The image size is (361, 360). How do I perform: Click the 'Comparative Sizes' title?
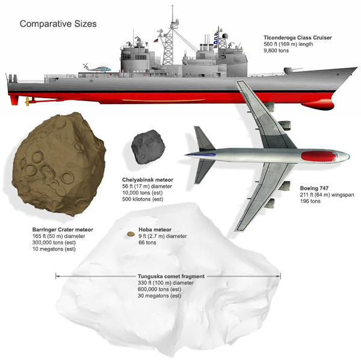click(x=58, y=24)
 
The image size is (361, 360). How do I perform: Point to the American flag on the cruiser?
click(x=156, y=40)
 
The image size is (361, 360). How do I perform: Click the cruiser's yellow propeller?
click(x=27, y=101)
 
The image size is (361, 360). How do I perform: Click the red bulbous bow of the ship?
click(x=319, y=106)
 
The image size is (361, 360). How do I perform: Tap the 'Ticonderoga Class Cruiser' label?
click(x=297, y=37)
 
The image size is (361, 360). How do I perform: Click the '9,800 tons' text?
click(x=276, y=51)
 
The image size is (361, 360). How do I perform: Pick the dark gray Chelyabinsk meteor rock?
click(x=148, y=147)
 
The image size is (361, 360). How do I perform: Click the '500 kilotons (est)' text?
click(x=143, y=199)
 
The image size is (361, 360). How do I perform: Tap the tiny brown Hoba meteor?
click(x=131, y=234)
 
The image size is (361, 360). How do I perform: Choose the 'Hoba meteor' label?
click(x=155, y=229)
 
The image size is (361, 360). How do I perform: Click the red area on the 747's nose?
click(x=319, y=156)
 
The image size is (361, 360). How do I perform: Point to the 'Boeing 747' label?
click(x=314, y=188)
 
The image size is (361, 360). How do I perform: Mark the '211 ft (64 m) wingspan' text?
click(x=327, y=194)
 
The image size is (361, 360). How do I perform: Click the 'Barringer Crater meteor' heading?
click(x=63, y=229)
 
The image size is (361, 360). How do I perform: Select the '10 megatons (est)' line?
click(x=54, y=249)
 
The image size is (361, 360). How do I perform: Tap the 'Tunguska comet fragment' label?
click(x=171, y=276)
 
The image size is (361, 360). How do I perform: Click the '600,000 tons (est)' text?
click(x=159, y=290)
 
